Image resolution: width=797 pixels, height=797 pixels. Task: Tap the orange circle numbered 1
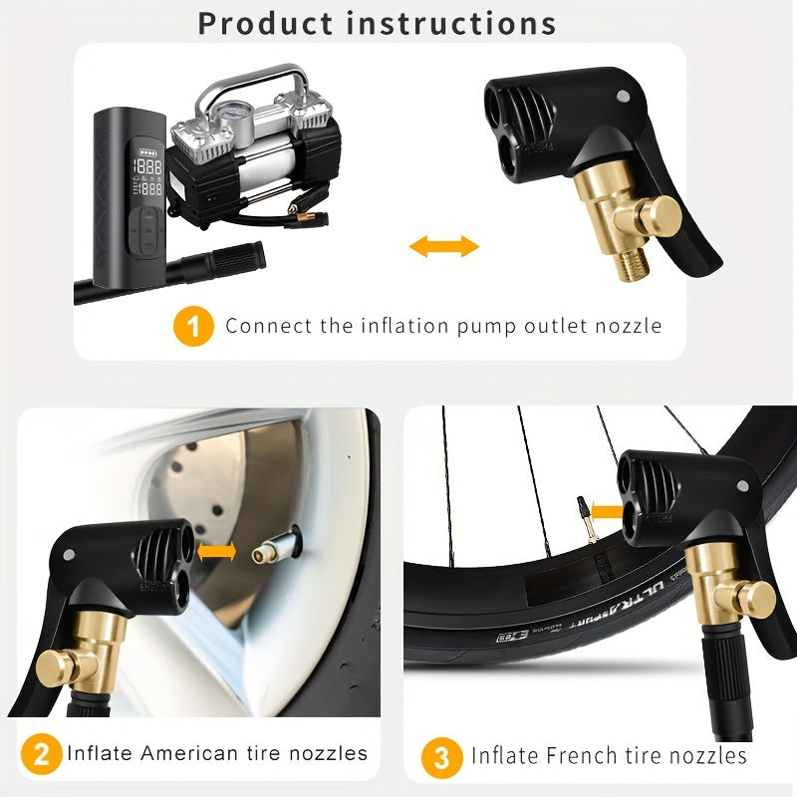click(x=193, y=326)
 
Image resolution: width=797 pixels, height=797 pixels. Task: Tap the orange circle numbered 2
click(x=40, y=753)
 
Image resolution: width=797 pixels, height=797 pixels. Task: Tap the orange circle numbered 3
click(x=441, y=756)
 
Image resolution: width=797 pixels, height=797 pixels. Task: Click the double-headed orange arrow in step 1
click(x=444, y=246)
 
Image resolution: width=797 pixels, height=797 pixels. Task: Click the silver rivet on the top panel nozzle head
click(x=623, y=97)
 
